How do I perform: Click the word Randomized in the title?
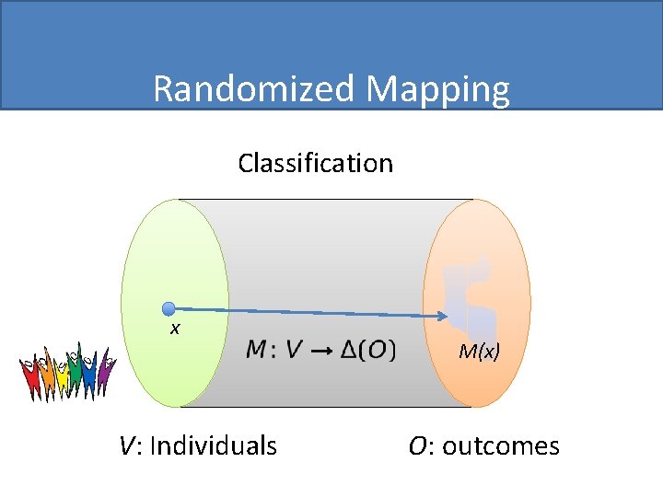tap(254, 89)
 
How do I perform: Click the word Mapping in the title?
tap(437, 90)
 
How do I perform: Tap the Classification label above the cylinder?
tap(315, 163)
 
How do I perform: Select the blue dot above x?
tap(169, 308)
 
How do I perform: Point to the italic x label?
tap(174, 328)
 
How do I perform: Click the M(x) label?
tap(479, 351)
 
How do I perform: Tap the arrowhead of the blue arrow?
tap(442, 317)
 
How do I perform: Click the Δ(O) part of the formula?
tap(367, 350)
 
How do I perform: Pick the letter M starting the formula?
tap(257, 350)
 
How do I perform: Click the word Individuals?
tap(213, 446)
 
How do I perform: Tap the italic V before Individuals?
tap(128, 446)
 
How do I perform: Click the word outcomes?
tap(500, 446)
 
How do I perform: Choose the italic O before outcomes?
tap(417, 446)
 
